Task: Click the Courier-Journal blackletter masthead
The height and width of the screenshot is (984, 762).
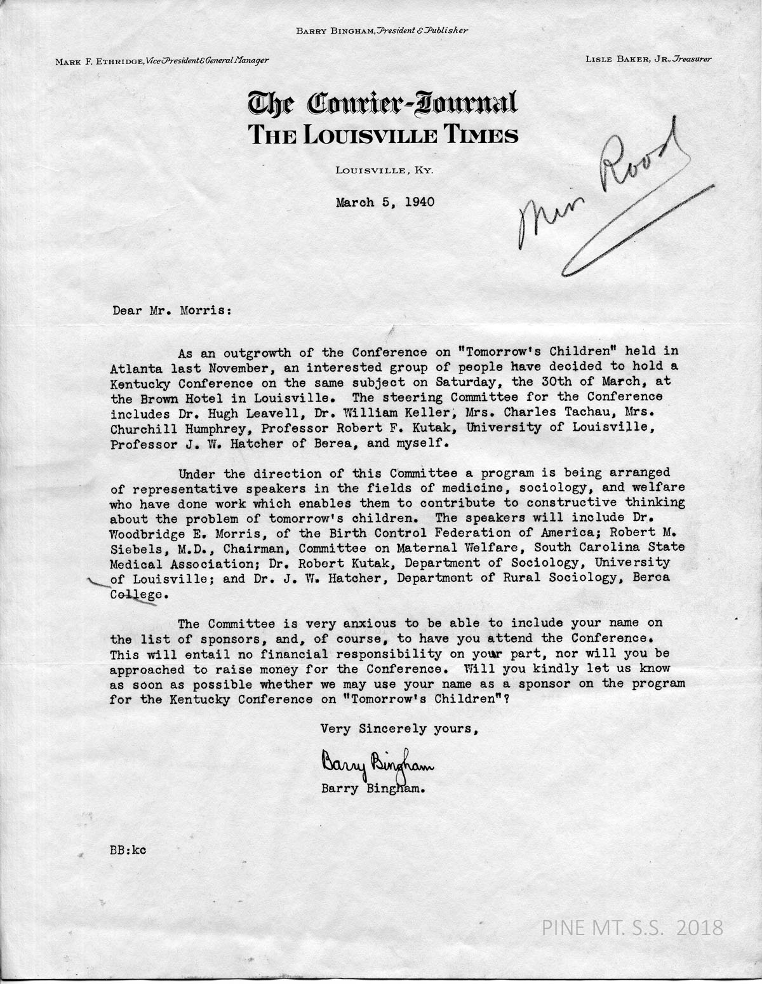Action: coord(383,103)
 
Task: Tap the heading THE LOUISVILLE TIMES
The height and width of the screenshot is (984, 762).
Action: coord(383,135)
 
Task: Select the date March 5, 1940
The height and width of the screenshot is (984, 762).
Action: coord(385,203)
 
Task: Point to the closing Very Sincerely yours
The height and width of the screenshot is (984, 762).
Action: coord(399,729)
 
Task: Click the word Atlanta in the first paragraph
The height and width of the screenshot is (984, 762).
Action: coord(130,367)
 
